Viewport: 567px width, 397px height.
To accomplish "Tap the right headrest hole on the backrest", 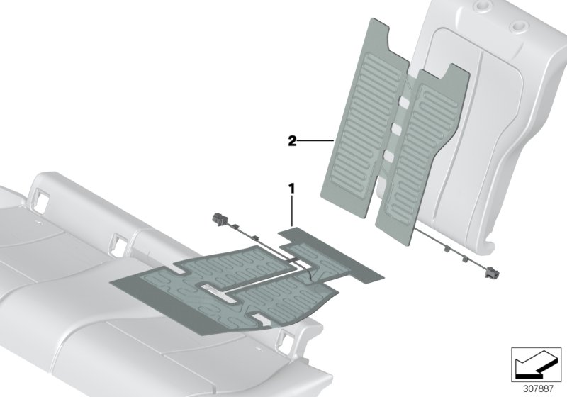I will point(519,26).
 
